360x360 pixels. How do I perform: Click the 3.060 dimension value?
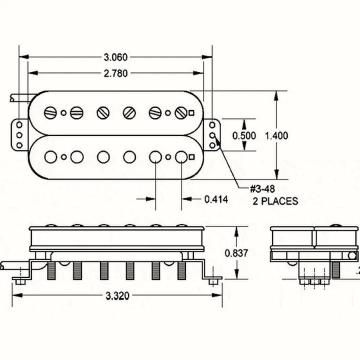pos(115,57)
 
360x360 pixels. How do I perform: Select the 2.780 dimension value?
pos(115,73)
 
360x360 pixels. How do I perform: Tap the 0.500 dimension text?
pos(244,135)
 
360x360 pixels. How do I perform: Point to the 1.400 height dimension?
pos(276,135)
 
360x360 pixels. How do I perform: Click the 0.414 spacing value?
pos(216,199)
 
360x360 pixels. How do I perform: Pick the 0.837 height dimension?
pos(236,253)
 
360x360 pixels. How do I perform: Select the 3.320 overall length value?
pos(117,295)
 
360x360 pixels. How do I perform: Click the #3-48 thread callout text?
pos(262,189)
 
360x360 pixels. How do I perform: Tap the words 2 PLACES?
pos(275,201)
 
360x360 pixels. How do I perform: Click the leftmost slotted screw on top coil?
pos(50,112)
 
